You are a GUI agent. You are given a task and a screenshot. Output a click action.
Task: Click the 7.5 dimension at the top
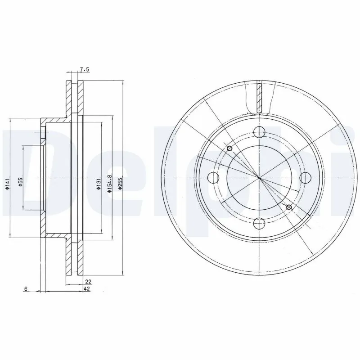click(85, 70)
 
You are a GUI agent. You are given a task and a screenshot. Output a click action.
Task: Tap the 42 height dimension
click(87, 289)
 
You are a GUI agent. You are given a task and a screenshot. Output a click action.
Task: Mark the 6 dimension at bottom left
click(27, 289)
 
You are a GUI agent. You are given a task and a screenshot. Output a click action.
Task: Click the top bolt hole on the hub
click(259, 132)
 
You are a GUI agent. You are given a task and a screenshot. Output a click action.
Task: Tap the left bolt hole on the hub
click(213, 177)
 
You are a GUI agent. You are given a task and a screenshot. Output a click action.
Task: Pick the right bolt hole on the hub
click(305, 177)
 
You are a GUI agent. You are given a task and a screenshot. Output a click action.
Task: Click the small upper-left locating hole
click(229, 148)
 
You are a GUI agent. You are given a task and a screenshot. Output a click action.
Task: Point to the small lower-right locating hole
click(289, 207)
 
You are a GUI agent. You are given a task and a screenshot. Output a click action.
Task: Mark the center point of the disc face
click(259, 177)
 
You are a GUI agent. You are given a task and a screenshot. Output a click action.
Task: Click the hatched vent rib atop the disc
click(259, 98)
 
